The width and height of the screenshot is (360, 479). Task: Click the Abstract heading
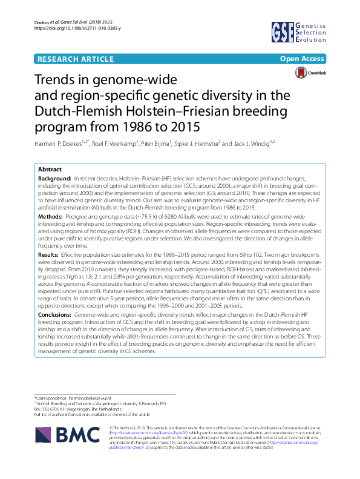(x=50, y=170)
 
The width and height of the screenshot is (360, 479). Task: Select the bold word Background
(x=54, y=180)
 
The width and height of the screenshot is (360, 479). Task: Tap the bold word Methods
(x=51, y=214)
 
